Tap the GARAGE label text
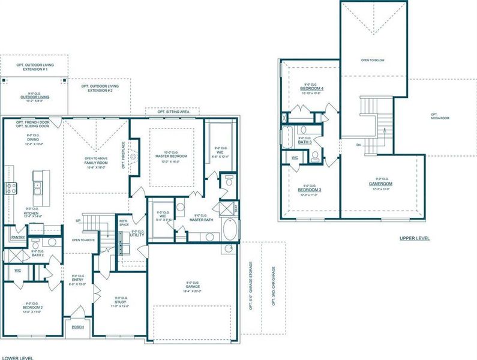pos(192,287)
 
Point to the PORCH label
pos(78,327)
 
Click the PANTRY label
pos(17,237)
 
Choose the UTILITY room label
pos(137,235)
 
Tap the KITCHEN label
pos(31,212)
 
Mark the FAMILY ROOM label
pos(97,163)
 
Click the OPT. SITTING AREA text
pos(173,112)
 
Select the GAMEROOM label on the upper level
pos(380,184)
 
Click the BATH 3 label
pos(305,142)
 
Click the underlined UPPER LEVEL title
pos(415,238)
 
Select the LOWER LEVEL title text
pos(17,357)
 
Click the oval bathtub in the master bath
pos(230,229)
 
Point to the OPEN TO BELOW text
pos(373,61)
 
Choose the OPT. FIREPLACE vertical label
pos(123,155)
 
